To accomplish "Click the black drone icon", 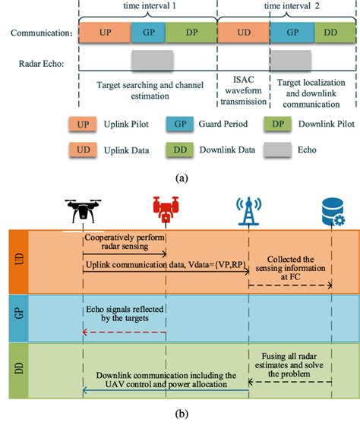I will (x=84, y=210).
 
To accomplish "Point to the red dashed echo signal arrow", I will (x=125, y=332).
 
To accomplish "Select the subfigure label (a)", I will (x=181, y=177).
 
